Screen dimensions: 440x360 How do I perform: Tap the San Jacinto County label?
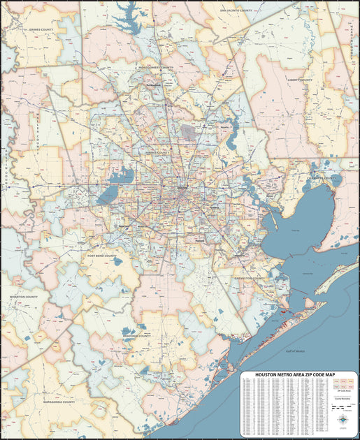tap(236, 11)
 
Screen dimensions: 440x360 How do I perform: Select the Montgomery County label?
tap(157, 68)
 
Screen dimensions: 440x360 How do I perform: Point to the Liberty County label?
tap(299, 80)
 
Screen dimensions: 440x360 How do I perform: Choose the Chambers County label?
tap(325, 177)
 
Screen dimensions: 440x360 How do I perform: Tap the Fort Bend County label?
tap(103, 256)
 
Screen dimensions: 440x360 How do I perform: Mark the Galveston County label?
tap(250, 277)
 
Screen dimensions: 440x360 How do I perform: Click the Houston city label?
tap(182, 188)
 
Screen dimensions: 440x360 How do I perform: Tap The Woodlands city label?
tap(154, 86)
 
